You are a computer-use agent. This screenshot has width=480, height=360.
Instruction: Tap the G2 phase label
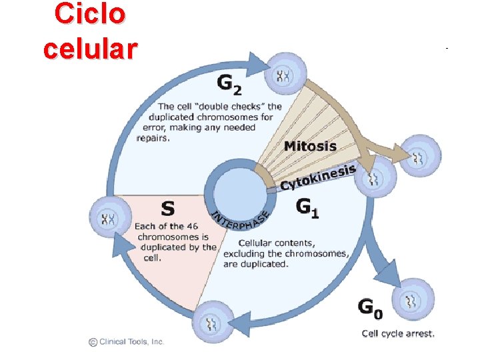coord(230,84)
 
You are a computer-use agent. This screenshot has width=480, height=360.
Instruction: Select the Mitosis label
coord(310,145)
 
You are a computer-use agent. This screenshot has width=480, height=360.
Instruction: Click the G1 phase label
coord(307,208)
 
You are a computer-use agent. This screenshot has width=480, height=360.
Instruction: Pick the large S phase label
coord(169,208)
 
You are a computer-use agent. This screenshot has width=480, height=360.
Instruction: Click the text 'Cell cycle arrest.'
coord(398,333)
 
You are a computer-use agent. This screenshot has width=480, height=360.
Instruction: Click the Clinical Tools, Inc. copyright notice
coord(126,341)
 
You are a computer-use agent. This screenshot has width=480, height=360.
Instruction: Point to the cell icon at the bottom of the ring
coord(213,323)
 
